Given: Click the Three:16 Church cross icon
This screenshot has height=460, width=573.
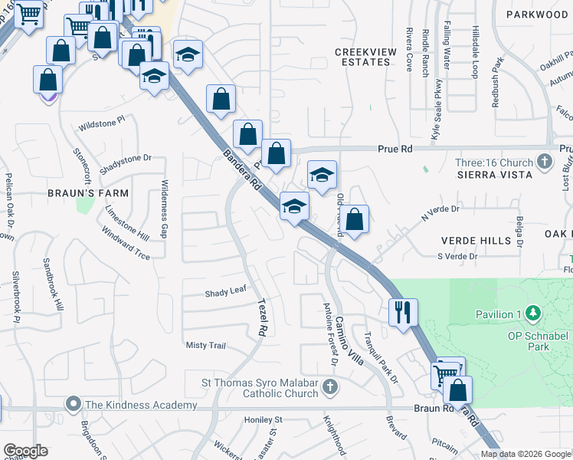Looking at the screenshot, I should [x=545, y=162].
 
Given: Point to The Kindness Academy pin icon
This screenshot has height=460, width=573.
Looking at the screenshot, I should [x=74, y=403].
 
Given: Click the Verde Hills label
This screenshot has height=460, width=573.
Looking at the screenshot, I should [x=475, y=240].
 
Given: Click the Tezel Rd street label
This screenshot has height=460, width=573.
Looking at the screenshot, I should [x=263, y=319].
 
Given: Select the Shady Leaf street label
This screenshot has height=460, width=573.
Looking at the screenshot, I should [x=225, y=293].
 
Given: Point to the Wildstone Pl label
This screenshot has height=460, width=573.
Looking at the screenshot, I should [x=101, y=122].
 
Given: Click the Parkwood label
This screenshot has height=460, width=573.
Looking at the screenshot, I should [x=537, y=14].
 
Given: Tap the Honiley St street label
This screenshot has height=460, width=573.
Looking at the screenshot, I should [x=263, y=419].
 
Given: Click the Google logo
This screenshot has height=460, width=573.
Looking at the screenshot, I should [x=25, y=451].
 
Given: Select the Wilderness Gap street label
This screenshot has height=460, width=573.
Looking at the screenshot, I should [x=164, y=209].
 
